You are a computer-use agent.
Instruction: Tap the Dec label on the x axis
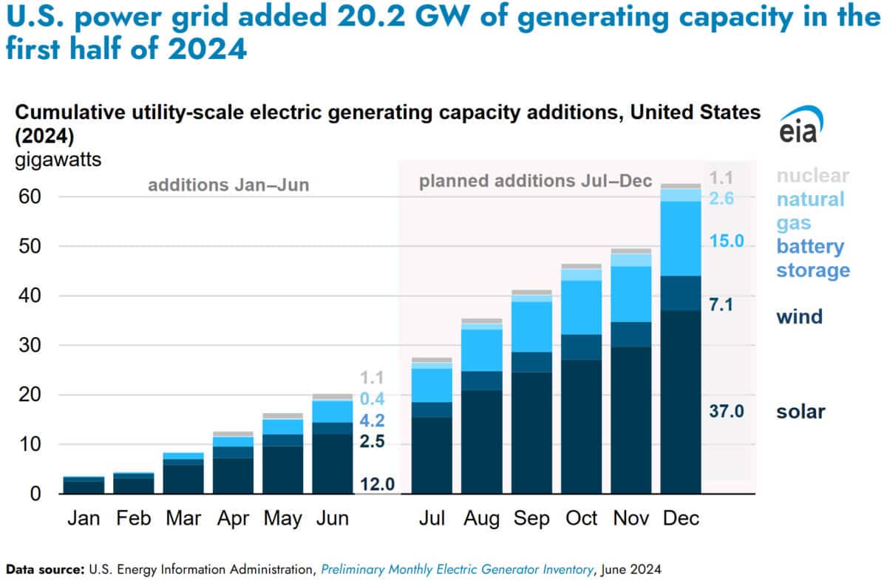coord(681,519)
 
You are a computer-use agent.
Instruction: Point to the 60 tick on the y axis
coord(30,197)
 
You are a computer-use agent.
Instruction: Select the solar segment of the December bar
coord(681,402)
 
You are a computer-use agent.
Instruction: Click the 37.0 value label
coord(727,412)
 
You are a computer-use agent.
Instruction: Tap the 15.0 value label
coord(727,242)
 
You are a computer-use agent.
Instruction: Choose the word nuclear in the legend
coord(812,176)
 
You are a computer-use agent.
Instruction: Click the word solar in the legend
coord(800,412)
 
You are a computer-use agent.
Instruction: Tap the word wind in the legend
coord(798,317)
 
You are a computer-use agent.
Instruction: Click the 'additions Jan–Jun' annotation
coord(228,185)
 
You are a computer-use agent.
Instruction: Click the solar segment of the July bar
coord(432,455)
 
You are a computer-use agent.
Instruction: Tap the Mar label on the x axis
coord(183,519)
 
